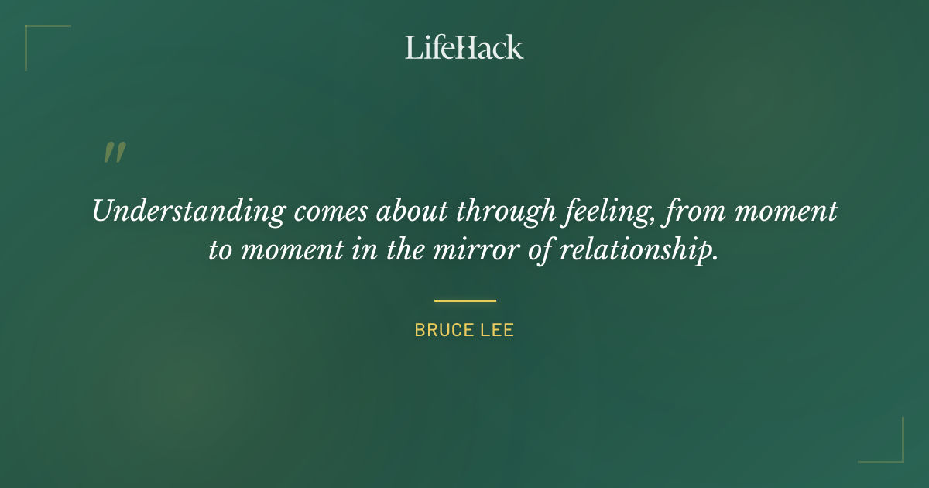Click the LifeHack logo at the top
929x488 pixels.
(464, 47)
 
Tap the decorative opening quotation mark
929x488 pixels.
(115, 153)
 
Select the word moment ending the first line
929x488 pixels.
(786, 211)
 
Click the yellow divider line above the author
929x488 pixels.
(464, 301)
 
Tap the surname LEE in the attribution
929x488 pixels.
(498, 330)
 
